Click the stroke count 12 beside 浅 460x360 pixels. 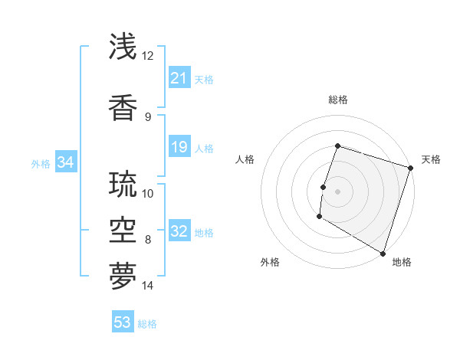click(148, 56)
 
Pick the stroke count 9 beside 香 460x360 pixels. click(148, 116)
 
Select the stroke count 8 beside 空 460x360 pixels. click(148, 240)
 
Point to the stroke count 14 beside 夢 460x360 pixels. click(148, 286)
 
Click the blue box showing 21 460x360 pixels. click(179, 78)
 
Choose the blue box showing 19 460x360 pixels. click(179, 147)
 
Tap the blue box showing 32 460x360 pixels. click(179, 232)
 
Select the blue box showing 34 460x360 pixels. click(65, 162)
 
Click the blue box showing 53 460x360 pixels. click(123, 322)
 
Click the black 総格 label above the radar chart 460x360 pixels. click(338, 100)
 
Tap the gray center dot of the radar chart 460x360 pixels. click(337, 191)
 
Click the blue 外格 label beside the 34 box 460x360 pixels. click(41, 164)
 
